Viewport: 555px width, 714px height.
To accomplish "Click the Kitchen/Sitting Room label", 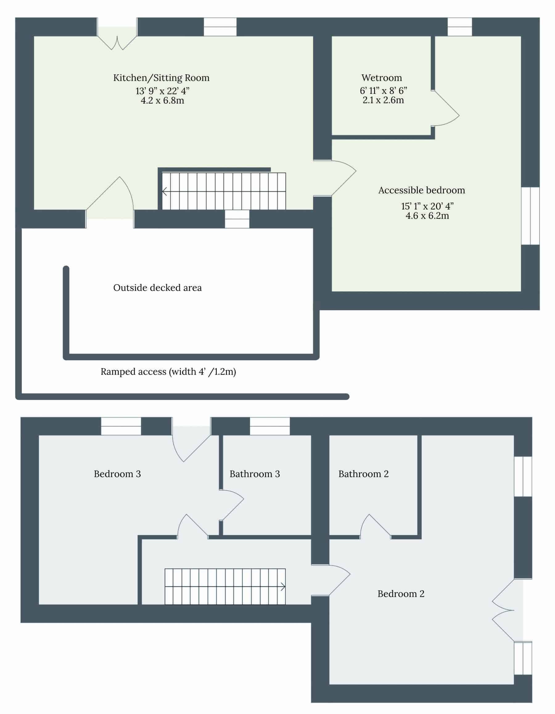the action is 161,78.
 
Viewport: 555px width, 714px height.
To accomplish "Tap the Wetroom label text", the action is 381,78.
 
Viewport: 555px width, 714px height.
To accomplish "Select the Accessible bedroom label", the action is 421,190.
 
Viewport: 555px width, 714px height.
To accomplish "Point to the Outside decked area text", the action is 158,288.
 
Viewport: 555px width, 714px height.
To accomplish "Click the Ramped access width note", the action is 168,372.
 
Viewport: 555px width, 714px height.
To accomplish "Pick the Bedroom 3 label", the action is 117,474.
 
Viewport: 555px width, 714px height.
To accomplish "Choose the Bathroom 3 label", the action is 255,474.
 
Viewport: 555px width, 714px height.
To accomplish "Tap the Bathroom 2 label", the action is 364,474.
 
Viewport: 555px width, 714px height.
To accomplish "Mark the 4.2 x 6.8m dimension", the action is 162,100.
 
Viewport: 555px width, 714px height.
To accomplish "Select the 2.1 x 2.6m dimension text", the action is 383,100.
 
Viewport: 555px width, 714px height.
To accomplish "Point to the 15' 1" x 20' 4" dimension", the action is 427,206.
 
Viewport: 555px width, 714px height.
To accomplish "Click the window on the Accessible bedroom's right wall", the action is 530,216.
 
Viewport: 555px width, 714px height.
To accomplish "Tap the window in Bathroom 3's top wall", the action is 270,426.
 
